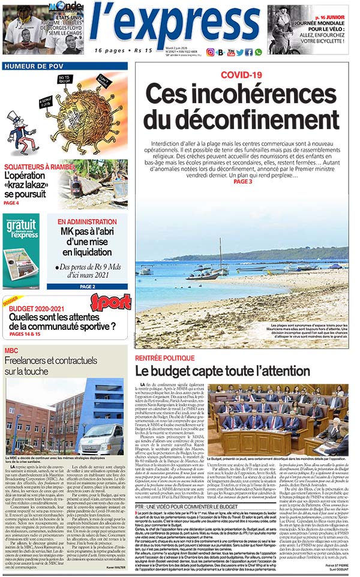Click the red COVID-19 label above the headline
tap(241, 75)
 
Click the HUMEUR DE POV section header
tap(34, 67)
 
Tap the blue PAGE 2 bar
tap(87, 287)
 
